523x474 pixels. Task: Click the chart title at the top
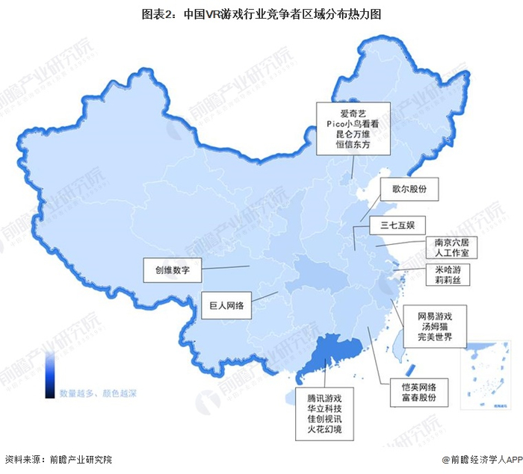pos(261,13)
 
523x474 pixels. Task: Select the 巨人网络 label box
pos(227,304)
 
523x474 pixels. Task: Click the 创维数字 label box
pos(173,269)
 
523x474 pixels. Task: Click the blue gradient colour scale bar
pos(49,373)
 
